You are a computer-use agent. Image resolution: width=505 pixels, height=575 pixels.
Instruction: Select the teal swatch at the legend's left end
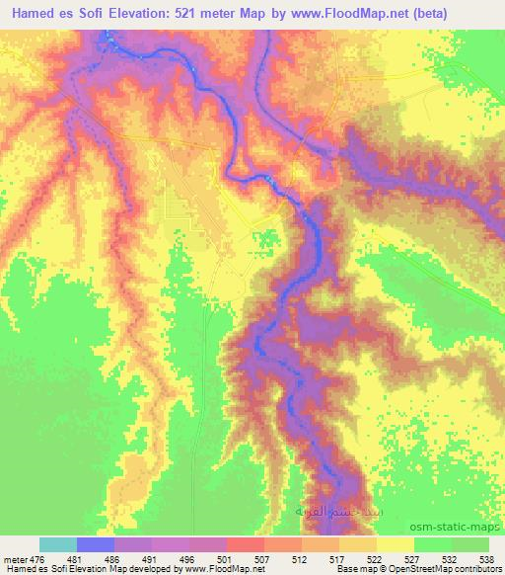click(x=58, y=545)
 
